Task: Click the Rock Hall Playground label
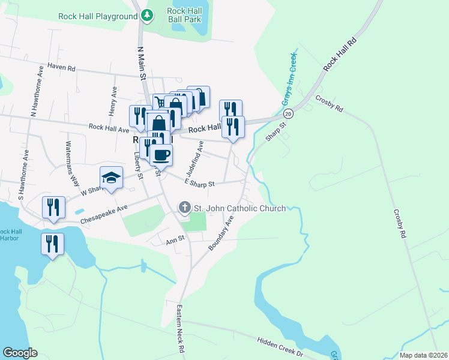point(98,16)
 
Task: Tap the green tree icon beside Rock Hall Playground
point(146,16)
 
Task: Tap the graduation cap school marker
point(112,178)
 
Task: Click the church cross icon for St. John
point(184,208)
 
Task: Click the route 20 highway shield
point(289,113)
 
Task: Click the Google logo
point(20,353)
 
